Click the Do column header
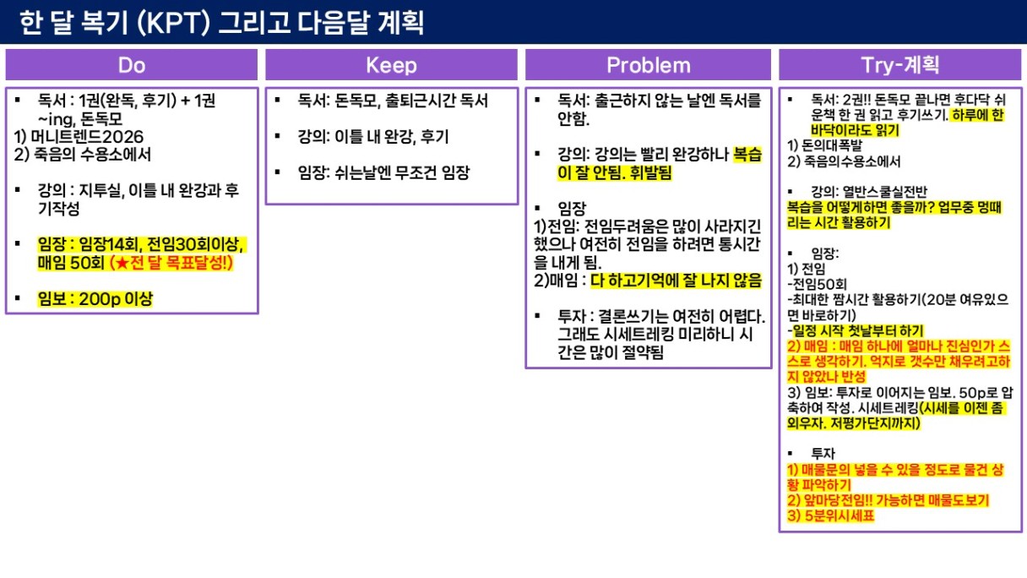click(132, 65)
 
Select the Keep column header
click(392, 65)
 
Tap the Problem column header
click(649, 65)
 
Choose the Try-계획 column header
click(900, 65)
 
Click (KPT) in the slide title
click(173, 23)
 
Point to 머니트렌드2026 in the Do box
click(87, 137)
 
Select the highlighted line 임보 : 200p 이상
click(95, 299)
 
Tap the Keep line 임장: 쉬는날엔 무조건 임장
click(383, 173)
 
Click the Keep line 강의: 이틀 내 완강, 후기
click(373, 137)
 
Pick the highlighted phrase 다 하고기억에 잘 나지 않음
click(676, 281)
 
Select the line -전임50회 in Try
click(817, 285)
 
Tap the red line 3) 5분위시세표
click(831, 516)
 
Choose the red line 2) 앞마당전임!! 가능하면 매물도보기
click(888, 500)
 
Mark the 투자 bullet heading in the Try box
click(823, 454)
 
